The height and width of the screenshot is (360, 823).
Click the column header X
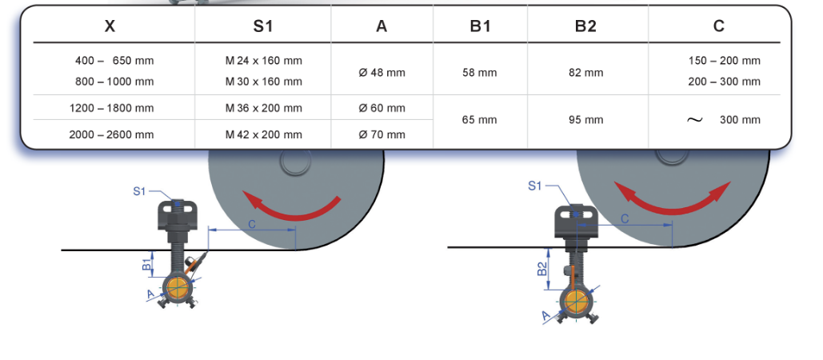pos(110,26)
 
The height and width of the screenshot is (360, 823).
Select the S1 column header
pos(263,26)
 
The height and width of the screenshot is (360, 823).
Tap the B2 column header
pos(585,26)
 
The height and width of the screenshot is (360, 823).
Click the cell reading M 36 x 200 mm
pos(263,108)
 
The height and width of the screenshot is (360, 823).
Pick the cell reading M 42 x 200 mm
pos(263,134)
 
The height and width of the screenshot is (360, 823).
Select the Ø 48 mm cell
pos(382,73)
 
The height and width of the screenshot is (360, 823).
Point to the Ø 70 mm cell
pos(382,134)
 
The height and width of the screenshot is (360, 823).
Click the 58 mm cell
pos(479,73)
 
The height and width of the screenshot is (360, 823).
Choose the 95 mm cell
pos(585,120)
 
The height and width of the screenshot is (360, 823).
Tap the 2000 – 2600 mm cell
pos(111,134)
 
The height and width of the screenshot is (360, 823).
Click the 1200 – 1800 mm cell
pos(111,108)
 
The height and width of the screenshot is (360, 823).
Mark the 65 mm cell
pos(479,120)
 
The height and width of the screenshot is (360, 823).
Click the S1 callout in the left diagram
pos(140,191)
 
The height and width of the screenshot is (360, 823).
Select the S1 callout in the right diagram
pos(535,186)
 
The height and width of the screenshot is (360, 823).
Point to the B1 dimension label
pos(147,264)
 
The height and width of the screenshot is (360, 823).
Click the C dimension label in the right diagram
pos(625,218)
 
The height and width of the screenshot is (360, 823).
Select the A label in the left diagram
pos(150,294)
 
